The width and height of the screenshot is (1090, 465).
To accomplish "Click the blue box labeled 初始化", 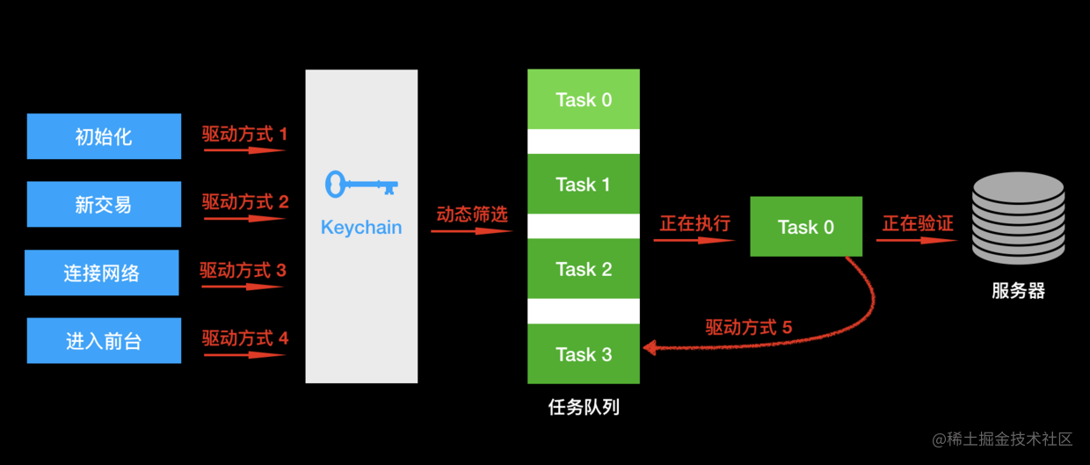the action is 104,136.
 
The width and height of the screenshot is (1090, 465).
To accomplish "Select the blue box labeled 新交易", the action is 104,204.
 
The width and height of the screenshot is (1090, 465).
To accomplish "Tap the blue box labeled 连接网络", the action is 102,272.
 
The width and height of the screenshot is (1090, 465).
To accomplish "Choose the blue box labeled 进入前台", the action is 104,340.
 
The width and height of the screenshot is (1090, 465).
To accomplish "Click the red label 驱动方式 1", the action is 244,134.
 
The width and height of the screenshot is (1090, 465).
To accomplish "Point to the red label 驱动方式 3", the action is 243,270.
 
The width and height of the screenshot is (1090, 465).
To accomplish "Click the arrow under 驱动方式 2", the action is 244,219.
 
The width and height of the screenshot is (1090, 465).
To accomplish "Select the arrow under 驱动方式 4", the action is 244,355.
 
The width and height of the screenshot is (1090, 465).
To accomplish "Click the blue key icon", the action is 361,185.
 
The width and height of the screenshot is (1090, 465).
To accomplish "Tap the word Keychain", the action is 361,228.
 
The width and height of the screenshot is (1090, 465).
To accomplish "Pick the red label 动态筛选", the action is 472,214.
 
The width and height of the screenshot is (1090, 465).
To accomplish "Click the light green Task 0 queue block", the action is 584,99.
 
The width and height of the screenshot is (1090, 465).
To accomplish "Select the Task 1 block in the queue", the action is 584,184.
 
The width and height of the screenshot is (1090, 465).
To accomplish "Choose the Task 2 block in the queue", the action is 584,268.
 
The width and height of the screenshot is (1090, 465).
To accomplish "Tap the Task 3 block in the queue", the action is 584,353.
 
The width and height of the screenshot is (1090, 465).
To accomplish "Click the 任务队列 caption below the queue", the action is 584,407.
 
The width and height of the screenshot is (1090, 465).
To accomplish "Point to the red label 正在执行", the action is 694,224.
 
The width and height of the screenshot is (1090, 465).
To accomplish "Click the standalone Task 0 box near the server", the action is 806,227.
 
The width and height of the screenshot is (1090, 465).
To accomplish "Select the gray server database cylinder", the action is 1019,218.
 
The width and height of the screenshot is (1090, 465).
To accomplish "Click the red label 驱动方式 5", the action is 748,327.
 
